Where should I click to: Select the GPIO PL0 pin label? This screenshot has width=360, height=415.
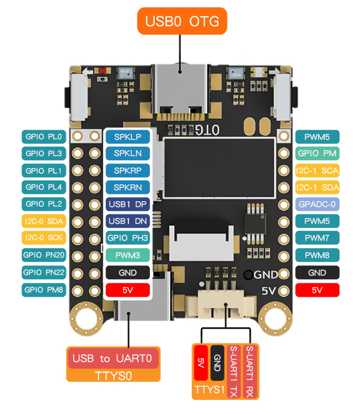[x=44, y=136]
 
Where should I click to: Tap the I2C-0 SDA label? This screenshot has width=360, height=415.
[x=44, y=221]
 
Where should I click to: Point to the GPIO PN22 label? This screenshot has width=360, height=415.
[x=44, y=272]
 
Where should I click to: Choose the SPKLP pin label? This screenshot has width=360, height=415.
[x=127, y=136]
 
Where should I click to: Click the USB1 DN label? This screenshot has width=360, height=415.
[x=127, y=221]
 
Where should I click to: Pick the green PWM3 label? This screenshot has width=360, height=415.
[x=127, y=255]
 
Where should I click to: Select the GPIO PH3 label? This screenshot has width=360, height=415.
[x=127, y=238]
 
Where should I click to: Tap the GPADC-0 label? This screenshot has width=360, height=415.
[x=317, y=204]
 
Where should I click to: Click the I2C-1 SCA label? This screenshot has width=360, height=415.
[x=317, y=171]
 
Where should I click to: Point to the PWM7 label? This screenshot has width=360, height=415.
[x=317, y=238]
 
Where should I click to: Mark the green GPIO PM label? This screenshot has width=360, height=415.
[x=317, y=153]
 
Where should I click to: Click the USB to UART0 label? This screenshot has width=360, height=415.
[x=113, y=359]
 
